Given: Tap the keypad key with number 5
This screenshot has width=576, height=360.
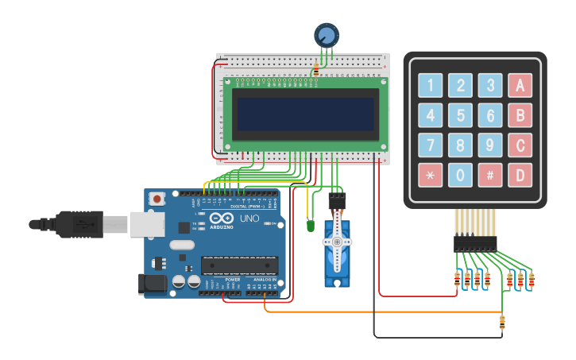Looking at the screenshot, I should pos(460,115).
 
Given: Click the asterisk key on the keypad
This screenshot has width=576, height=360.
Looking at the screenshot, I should pos(431,175).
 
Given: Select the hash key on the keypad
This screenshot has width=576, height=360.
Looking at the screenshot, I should pos(490,175).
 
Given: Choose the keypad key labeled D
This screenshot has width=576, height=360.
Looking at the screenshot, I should pos(520,175).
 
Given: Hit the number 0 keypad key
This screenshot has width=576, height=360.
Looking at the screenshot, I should pos(460,175).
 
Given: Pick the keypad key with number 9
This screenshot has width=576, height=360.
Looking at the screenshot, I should pos(490,145).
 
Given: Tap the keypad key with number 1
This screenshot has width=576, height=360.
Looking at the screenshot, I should pos(431,85).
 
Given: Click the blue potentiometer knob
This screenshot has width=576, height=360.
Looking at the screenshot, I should pos(327,35).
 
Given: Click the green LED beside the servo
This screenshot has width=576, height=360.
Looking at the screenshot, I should pos(309,226).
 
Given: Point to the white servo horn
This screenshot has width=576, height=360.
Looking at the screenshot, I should pos(337,242).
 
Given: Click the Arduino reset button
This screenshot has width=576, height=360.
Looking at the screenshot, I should pos(157,199).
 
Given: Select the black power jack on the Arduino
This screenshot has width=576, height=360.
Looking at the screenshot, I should pos(150,284).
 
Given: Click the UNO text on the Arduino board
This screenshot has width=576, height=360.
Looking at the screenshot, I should pos(249,219).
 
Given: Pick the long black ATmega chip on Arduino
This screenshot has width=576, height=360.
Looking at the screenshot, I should pos(240,265).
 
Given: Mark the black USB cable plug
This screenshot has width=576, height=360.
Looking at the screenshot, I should pos(79,225).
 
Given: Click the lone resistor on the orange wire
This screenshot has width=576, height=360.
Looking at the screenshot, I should pos(501,322).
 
